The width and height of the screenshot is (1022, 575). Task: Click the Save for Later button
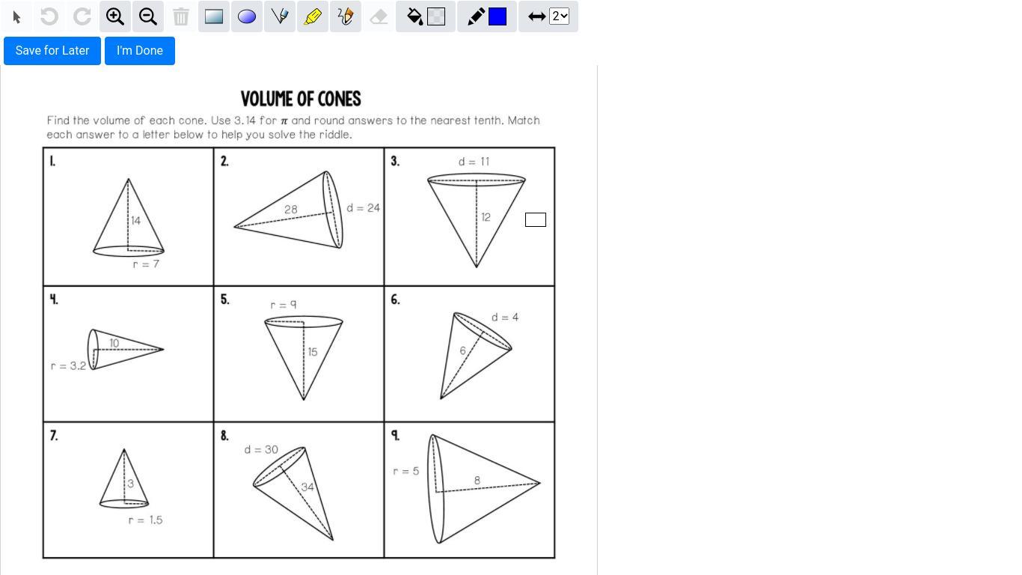click(x=52, y=51)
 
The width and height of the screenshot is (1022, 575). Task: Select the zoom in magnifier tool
click(x=115, y=17)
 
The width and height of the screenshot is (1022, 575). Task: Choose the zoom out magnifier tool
click(x=148, y=17)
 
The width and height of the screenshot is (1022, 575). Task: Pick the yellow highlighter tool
click(x=313, y=17)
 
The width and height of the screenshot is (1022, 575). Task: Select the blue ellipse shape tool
click(x=247, y=17)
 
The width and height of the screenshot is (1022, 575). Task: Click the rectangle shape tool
click(x=214, y=17)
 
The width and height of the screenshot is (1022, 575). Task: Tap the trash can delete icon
click(x=180, y=17)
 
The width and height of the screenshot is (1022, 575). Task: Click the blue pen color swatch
click(x=498, y=17)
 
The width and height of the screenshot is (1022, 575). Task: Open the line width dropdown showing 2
click(x=559, y=17)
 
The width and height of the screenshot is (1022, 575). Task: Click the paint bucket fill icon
click(x=414, y=17)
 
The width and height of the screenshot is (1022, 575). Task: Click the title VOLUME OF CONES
click(x=301, y=99)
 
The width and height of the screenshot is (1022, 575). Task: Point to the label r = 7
click(x=146, y=264)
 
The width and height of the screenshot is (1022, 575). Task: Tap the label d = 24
click(x=363, y=208)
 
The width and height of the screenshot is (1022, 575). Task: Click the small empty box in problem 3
click(x=536, y=219)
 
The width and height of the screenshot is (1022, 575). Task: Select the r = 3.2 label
click(x=68, y=366)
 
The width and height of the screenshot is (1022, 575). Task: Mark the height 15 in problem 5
click(x=313, y=352)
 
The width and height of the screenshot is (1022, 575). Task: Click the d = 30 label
click(x=261, y=449)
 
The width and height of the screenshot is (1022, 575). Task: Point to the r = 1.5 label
click(x=146, y=520)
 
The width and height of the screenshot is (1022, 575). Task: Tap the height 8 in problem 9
click(x=477, y=480)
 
